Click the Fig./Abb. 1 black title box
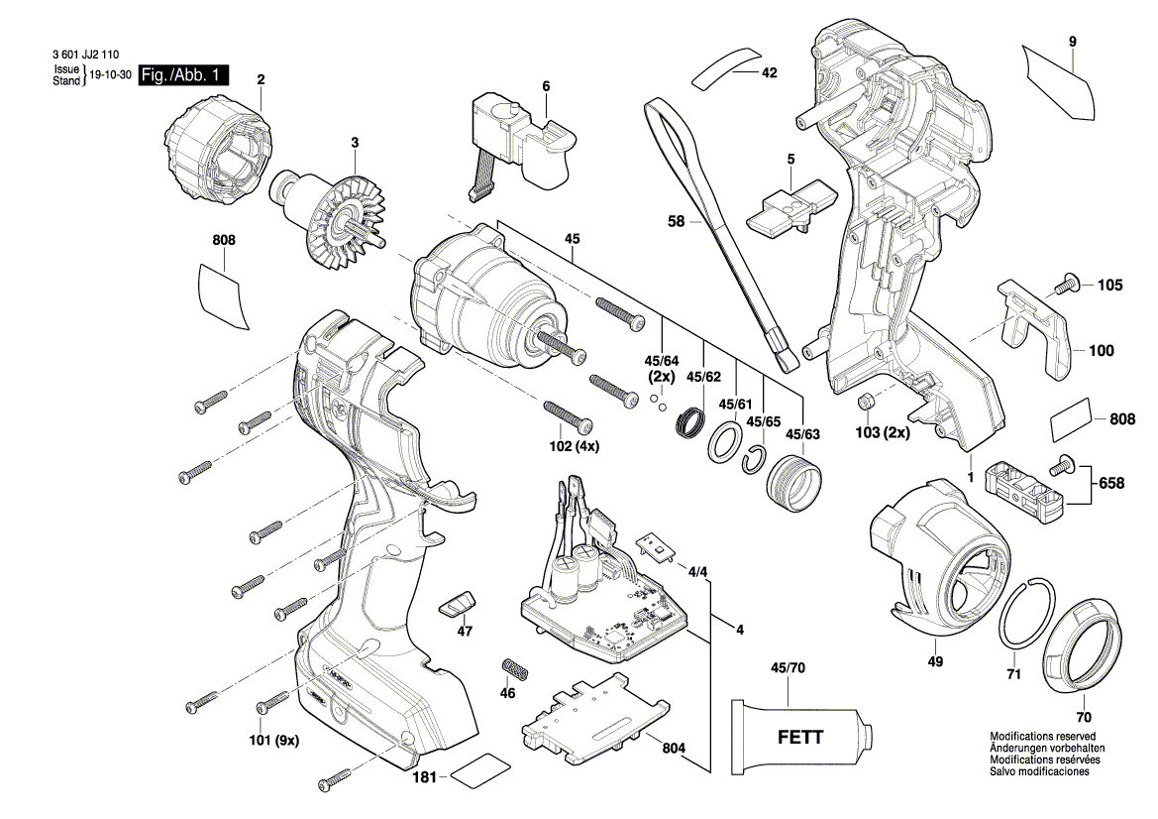[x=184, y=74]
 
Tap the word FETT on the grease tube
[x=799, y=737]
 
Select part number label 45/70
[x=788, y=668]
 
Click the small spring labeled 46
[x=512, y=665]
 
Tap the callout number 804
[x=674, y=748]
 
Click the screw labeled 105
[x=1065, y=283]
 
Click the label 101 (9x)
[x=274, y=739]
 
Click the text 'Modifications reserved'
[x=1043, y=737]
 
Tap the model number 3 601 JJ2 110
[x=85, y=55]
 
